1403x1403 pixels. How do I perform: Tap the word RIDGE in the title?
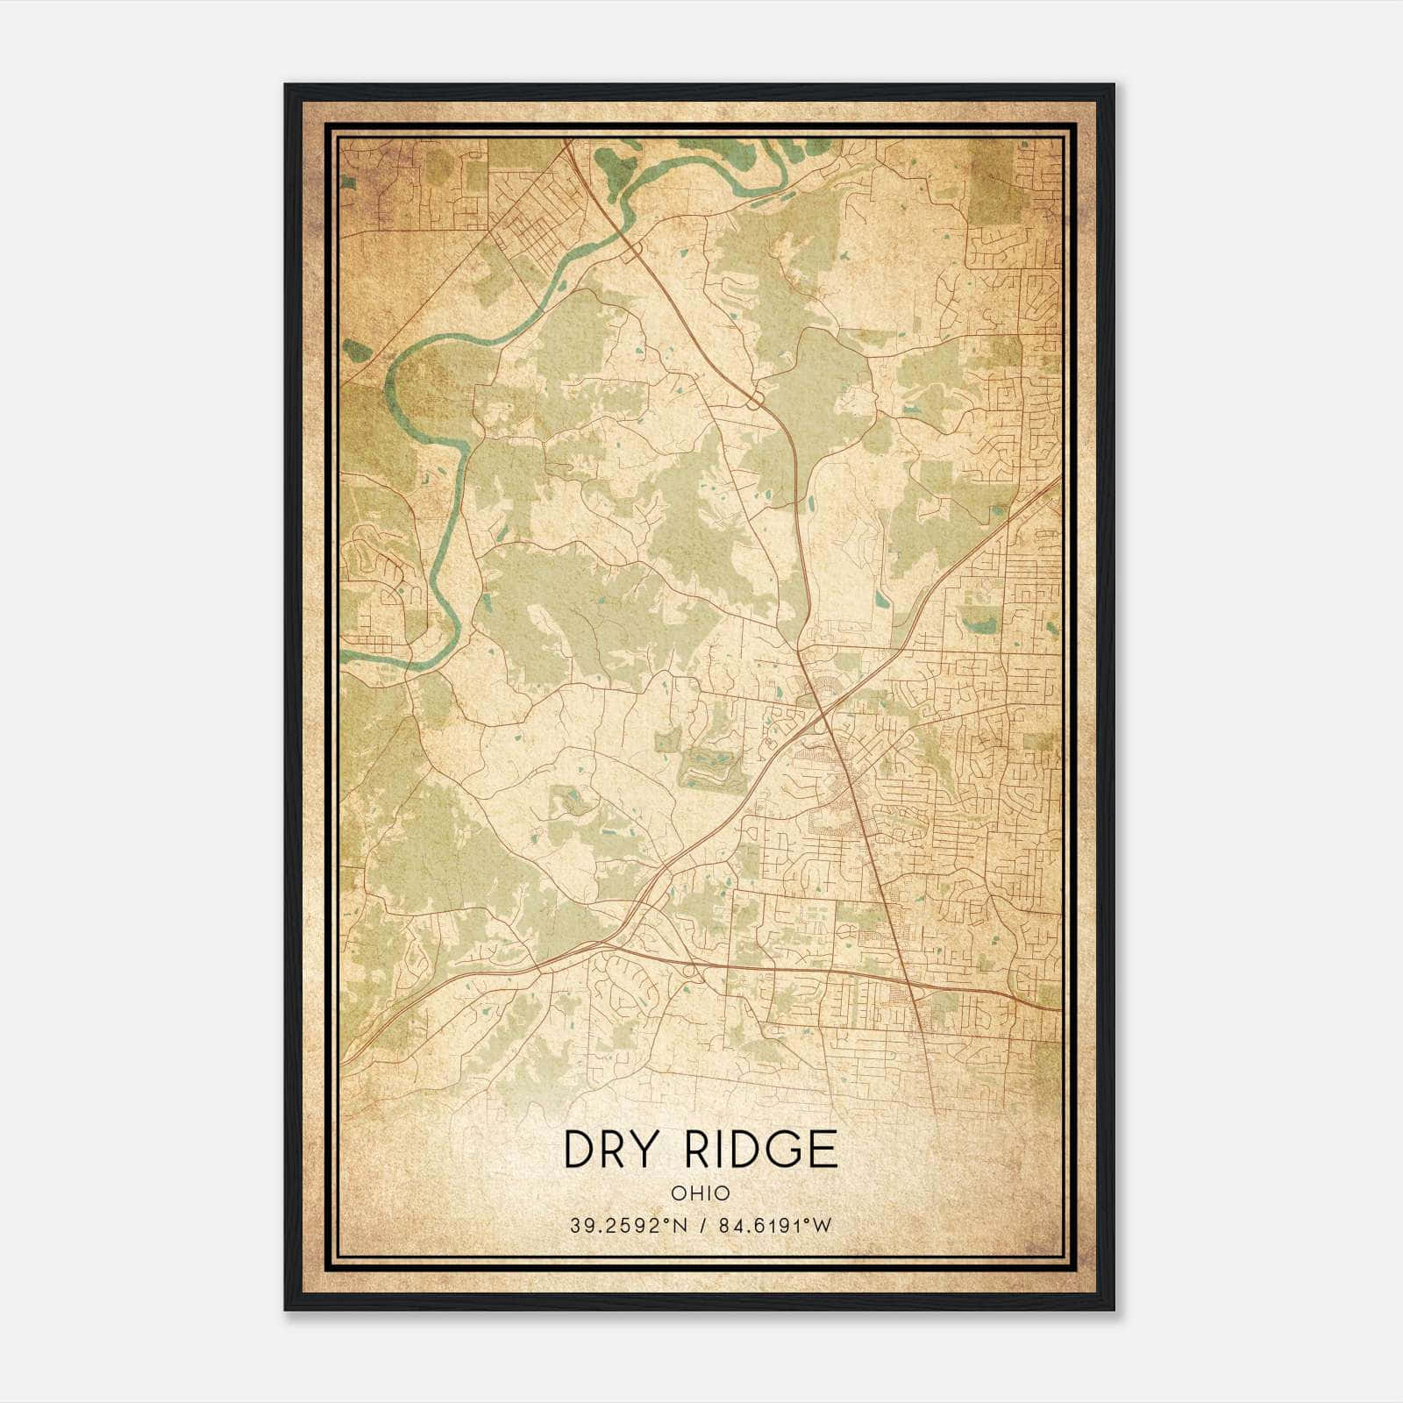tap(760, 1150)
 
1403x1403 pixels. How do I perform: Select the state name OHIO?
tap(701, 1193)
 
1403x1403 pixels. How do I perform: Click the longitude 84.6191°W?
tap(774, 1225)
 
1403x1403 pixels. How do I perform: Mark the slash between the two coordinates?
tap(703, 1225)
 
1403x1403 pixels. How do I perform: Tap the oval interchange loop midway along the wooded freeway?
tap(754, 400)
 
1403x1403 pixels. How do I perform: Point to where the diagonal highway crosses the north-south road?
tap(824, 717)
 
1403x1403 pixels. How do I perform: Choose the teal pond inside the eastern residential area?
tap(978, 623)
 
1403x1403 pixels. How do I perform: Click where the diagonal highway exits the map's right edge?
tap(1059, 480)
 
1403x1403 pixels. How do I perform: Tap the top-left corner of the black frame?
tap(286, 85)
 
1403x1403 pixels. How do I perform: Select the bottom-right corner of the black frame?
tap(1114, 1309)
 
